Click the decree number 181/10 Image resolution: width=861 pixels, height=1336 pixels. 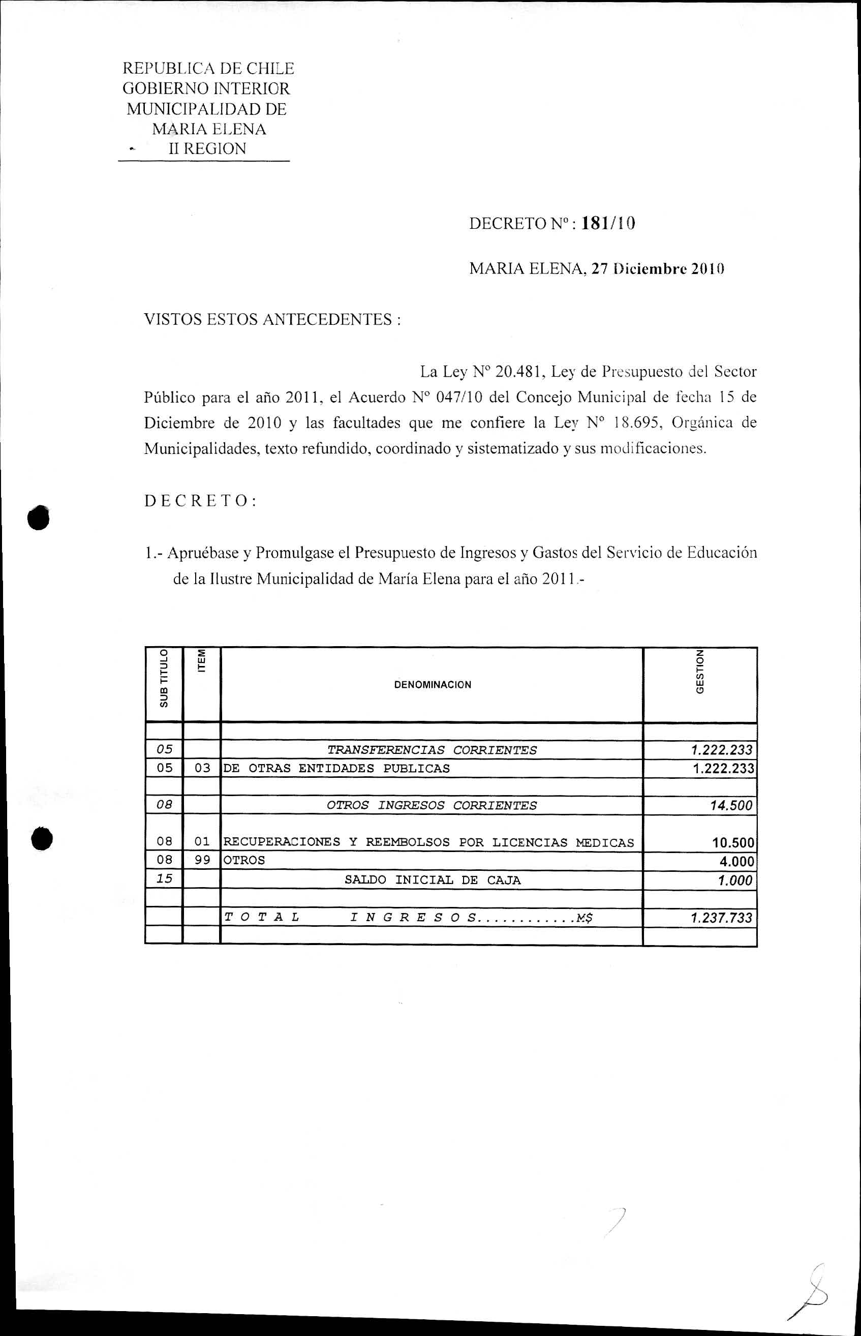[x=608, y=224]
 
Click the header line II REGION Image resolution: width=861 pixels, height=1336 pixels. [x=207, y=149]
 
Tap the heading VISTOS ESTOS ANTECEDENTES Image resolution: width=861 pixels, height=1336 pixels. [x=272, y=319]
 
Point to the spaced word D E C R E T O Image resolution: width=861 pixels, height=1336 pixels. [x=200, y=501]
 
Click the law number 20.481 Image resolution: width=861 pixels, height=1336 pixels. [x=519, y=371]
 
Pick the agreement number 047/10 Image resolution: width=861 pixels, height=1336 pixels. [x=454, y=397]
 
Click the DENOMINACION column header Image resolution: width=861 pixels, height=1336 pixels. [x=432, y=684]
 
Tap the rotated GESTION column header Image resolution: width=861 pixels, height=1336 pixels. [x=699, y=672]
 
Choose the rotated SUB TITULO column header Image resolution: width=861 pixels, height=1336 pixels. [x=163, y=678]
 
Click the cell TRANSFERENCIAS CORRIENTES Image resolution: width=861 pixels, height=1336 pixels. [x=432, y=750]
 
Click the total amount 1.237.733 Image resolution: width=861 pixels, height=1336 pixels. [x=721, y=918]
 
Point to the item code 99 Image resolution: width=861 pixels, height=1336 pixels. [x=202, y=860]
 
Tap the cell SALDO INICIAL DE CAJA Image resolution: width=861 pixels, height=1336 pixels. [x=432, y=879]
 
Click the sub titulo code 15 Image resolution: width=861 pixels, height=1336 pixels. [x=164, y=878]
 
